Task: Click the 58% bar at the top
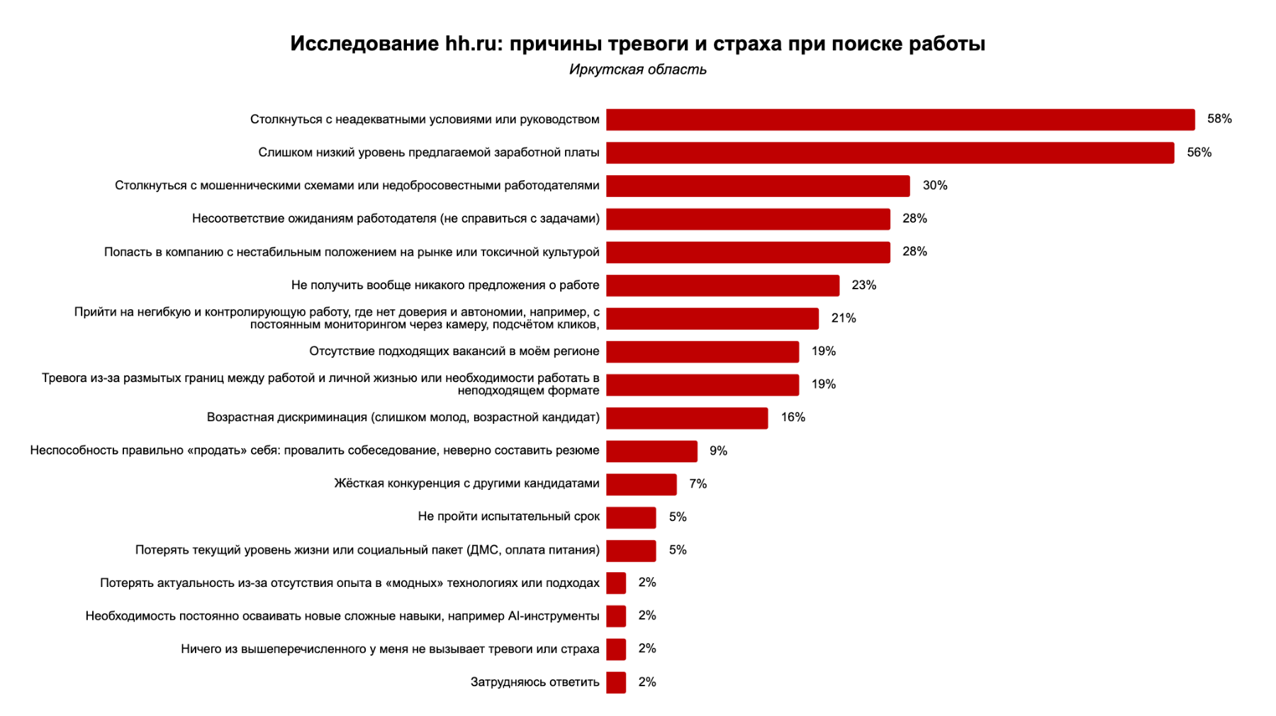900,119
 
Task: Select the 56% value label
1199,152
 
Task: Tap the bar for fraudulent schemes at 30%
758,186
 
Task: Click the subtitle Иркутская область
637,69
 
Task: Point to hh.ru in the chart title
471,44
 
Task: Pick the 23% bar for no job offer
722,285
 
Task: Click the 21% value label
843,318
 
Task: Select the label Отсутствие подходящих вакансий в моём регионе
454,351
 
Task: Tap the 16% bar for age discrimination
687,418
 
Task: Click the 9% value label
718,451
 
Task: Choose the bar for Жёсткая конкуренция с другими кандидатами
641,484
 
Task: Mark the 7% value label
698,484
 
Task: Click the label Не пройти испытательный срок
508,517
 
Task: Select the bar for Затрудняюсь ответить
616,682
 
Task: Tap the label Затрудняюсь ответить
535,682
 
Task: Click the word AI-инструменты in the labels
554,616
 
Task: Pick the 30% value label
934,186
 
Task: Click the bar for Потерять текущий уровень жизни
631,550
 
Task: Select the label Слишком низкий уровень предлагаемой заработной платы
428,152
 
